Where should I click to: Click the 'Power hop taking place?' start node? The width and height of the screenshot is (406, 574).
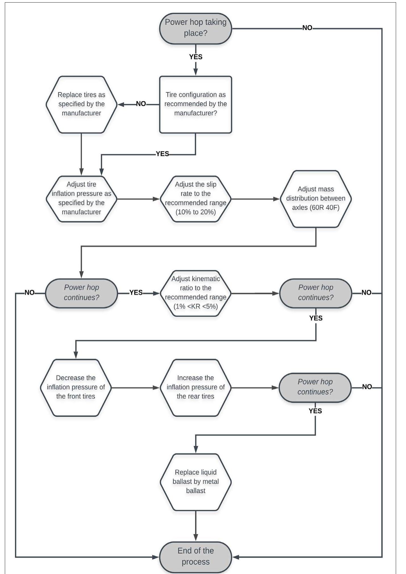195,28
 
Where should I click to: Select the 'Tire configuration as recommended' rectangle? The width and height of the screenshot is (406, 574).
195,104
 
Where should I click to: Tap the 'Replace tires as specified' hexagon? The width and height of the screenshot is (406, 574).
81,104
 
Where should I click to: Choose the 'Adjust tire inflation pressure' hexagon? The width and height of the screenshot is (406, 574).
81,198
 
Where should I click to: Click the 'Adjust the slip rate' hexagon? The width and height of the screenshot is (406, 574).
195,198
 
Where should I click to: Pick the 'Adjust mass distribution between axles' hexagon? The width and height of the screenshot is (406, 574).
315,198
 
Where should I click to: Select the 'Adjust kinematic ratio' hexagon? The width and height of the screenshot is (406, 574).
195,293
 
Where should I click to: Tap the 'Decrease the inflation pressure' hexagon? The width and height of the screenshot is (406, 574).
76,387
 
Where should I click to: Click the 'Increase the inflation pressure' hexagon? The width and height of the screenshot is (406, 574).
195,387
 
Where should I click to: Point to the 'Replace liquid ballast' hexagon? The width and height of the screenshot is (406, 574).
195,481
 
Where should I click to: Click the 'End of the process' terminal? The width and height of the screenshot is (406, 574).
195,556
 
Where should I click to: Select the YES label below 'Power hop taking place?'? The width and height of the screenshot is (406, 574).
196,57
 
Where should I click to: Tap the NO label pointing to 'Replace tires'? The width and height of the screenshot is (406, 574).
141,104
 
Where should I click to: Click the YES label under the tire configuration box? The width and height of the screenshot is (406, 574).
162,154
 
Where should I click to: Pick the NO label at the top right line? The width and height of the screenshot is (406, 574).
307,28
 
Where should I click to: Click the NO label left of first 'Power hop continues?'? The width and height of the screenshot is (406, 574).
30,292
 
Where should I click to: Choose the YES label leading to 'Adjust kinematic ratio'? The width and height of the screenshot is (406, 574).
136,292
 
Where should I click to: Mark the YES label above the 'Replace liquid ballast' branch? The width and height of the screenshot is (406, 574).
315,411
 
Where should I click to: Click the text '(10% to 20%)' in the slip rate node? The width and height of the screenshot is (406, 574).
195,212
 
